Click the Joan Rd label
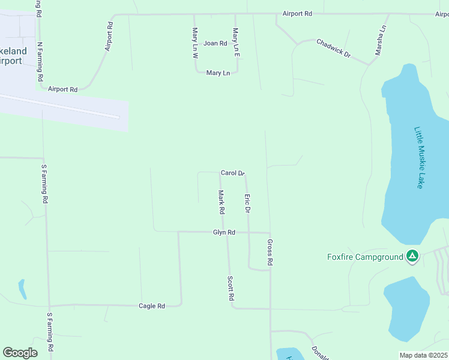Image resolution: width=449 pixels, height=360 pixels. coord(215,43)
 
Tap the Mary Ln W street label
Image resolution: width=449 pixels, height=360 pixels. coord(195,43)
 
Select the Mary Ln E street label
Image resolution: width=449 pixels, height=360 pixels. coord(236,43)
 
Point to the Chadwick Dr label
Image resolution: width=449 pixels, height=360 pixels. coord(333,47)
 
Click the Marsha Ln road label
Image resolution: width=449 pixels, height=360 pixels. coord(380,40)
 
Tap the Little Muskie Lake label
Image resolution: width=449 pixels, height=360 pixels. coord(419,157)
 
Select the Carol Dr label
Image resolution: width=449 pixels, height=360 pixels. coord(232,173)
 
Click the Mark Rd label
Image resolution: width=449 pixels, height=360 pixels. coord(221,202)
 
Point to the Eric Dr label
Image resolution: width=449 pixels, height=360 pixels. coord(246,203)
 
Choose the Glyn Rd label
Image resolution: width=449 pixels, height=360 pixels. coord(223,232)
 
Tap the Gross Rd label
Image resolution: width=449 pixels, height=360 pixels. coord(270,252)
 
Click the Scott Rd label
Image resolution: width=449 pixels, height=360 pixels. coord(231,288)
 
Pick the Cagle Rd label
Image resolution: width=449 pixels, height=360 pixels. coord(151,306)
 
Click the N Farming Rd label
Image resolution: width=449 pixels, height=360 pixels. coord(40,61)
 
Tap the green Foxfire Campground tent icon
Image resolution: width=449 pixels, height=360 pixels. coord(412,257)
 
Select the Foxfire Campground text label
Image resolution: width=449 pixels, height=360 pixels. coord(365,257)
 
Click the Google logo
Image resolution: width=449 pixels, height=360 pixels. coord(20,353)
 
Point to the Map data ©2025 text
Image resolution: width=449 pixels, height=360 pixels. coord(424,355)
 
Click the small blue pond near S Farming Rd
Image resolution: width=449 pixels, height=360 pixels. coord(22,289)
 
